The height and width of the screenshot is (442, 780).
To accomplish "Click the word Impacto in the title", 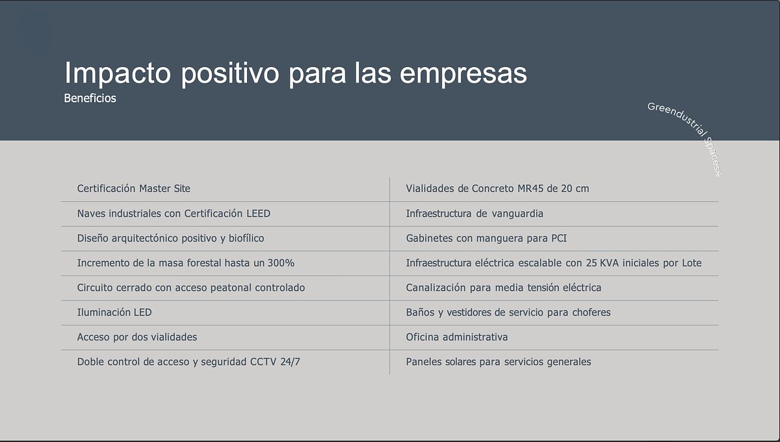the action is click(118, 72).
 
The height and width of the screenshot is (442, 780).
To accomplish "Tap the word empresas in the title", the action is click(463, 74).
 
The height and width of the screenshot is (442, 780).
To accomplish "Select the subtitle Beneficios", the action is click(90, 98).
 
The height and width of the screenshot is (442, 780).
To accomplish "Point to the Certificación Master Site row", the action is click(134, 188).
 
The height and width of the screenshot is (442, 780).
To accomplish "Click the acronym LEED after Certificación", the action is click(258, 213).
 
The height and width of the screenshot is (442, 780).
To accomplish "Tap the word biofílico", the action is click(246, 238).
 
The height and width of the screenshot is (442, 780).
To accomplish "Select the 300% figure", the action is click(281, 263).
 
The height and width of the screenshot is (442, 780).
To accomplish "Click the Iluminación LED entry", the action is click(114, 312).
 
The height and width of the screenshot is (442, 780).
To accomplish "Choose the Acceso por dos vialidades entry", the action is click(137, 337).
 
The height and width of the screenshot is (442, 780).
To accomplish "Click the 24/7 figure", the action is click(290, 362).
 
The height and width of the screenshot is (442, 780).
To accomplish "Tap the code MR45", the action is click(530, 188).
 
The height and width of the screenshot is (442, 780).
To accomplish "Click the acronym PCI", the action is click(559, 238).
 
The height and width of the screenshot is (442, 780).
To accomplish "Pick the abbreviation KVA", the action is click(609, 263).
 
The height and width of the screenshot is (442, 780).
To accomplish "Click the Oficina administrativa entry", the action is click(457, 337).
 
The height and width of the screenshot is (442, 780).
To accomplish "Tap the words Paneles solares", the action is click(441, 362).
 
